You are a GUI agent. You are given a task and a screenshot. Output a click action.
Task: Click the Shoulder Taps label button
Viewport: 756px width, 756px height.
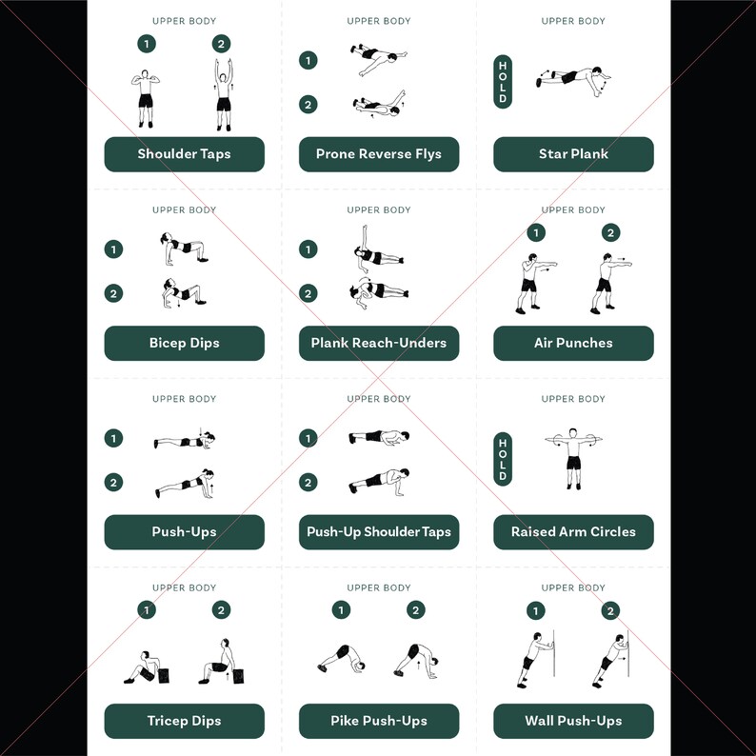coord(184,154)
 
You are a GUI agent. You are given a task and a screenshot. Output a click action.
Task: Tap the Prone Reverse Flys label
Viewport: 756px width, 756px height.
coord(379,154)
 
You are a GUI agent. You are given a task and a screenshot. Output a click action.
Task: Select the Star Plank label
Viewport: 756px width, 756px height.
coord(573,154)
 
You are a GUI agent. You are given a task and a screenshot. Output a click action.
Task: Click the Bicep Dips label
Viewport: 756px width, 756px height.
coord(184,343)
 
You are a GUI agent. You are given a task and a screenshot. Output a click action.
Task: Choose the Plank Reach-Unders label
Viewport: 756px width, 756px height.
coord(379,343)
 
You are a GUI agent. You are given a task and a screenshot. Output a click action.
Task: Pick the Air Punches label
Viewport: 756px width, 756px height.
coord(573,343)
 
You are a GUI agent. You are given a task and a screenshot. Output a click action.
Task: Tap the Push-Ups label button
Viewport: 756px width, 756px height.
coord(184,532)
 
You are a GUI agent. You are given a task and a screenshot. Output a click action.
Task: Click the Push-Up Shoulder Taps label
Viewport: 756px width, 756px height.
coord(379,532)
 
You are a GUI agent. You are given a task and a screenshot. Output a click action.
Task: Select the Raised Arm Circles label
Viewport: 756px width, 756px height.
coord(573,532)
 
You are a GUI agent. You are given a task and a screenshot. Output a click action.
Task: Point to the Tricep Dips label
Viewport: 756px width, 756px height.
coord(184,721)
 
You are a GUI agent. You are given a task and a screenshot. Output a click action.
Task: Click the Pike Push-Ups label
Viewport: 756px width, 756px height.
coord(379,721)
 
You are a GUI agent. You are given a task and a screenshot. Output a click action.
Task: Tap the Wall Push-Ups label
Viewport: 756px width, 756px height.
coord(573,721)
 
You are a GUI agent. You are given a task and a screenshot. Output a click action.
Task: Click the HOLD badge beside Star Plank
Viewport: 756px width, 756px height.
coord(503,82)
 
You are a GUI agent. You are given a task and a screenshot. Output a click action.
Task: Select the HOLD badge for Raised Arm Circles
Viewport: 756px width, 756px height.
coord(503,458)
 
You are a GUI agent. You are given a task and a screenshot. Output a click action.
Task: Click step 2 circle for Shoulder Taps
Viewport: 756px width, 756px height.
coord(222,44)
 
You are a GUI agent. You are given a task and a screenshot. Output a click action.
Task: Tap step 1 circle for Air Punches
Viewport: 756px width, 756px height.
coord(536,233)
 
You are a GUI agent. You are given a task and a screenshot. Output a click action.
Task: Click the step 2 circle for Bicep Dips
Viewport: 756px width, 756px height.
coord(114,293)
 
